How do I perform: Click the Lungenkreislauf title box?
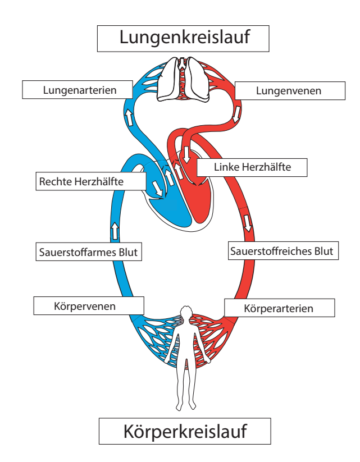tap(184, 38)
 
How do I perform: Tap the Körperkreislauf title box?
tap(185, 432)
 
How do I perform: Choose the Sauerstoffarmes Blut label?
tap(88, 252)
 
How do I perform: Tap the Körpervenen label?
tap(88, 307)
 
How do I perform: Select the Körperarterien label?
tap(279, 308)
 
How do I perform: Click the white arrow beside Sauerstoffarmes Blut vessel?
tap(115, 230)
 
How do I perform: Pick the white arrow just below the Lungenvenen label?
tap(237, 114)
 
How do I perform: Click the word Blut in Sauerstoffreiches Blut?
tap(322, 250)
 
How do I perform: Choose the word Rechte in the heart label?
tap(54, 181)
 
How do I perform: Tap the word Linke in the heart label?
tap(226, 167)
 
